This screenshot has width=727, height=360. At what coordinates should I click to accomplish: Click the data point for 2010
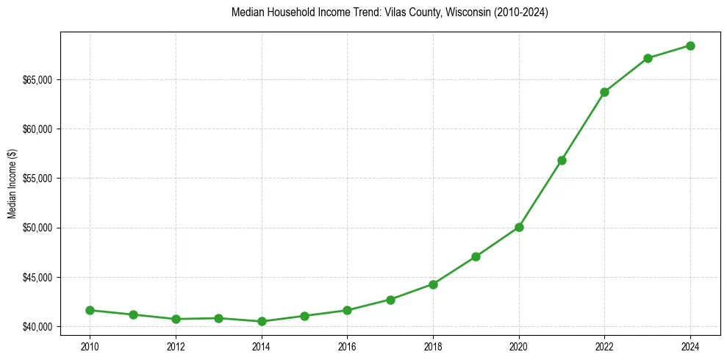pos(90,310)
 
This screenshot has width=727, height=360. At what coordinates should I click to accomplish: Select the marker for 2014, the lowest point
pos(262,321)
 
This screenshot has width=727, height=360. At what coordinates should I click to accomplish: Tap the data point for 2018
pos(433,284)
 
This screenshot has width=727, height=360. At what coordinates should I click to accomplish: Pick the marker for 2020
pos(519,227)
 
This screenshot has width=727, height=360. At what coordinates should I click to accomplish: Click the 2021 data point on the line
pos(562,160)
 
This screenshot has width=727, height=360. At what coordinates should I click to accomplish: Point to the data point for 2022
pos(604,92)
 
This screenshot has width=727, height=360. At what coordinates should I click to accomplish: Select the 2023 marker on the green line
pos(648,58)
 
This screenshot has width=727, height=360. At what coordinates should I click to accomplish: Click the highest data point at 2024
pos(690,46)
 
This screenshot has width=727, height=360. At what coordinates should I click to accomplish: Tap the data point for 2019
pos(476,256)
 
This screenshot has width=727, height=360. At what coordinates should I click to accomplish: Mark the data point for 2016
pos(347,310)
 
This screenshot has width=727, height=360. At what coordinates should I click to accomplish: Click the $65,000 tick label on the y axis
pos(36,80)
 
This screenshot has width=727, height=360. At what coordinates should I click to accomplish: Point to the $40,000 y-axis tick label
pos(36,327)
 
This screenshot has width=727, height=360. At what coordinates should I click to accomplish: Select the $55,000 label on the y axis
pos(36,179)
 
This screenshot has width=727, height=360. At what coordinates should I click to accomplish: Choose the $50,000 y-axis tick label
pos(36,228)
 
